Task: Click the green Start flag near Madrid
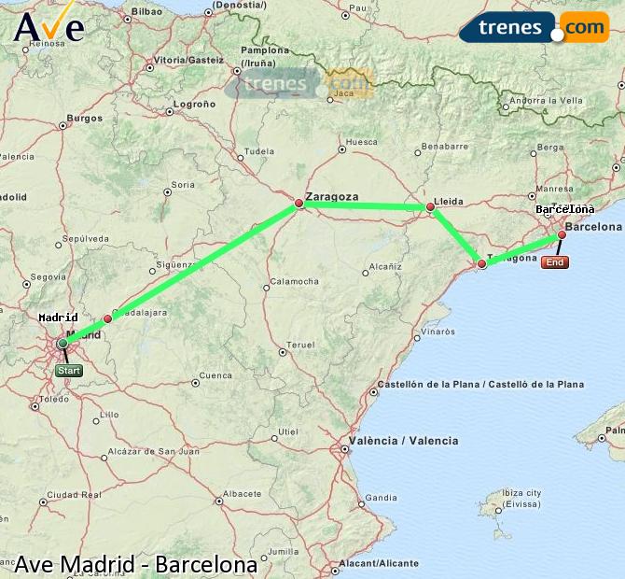69,371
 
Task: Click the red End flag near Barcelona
555,262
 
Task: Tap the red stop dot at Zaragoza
299,203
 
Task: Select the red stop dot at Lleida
430,206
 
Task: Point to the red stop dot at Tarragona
481,264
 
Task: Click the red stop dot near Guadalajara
107,318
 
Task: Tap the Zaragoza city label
332,197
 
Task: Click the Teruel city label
300,345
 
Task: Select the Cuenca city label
215,375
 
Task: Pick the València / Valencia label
403,441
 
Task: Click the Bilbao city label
146,12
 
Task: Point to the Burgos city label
85,119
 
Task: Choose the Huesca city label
361,142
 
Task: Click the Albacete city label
243,493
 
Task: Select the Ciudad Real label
74,495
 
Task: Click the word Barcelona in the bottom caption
206,565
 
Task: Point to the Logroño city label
195,105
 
